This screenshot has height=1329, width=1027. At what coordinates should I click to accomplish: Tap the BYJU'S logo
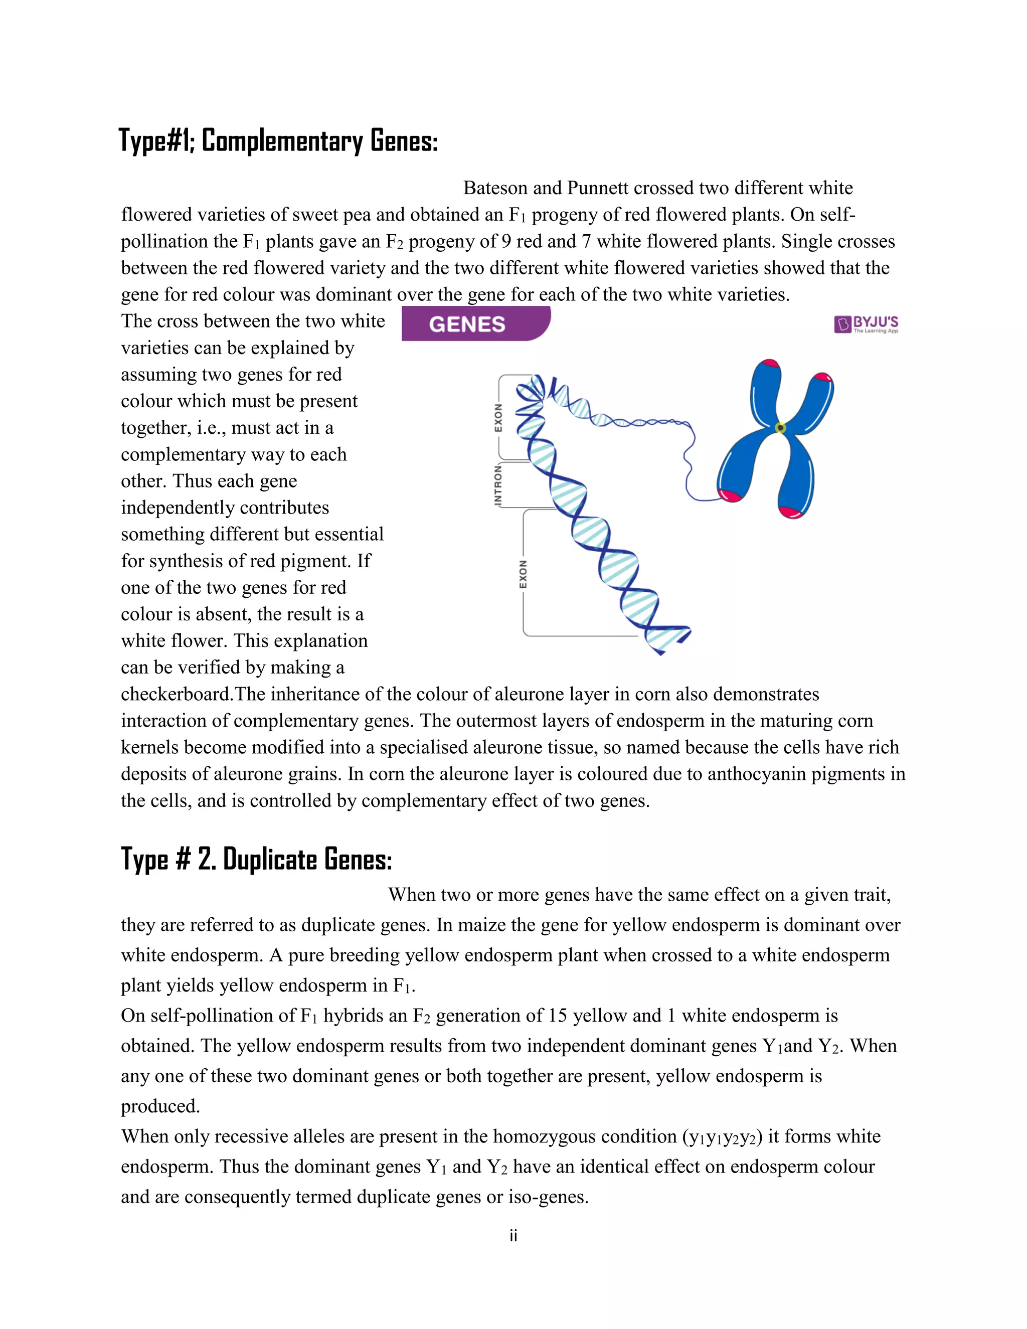click(x=866, y=324)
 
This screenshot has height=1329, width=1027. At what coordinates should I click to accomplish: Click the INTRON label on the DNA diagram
click(x=498, y=485)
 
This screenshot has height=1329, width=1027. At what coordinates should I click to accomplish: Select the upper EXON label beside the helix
click(x=498, y=417)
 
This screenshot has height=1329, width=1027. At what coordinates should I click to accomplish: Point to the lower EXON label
click(x=523, y=574)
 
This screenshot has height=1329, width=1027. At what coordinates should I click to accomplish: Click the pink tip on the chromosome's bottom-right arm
click(x=791, y=512)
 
